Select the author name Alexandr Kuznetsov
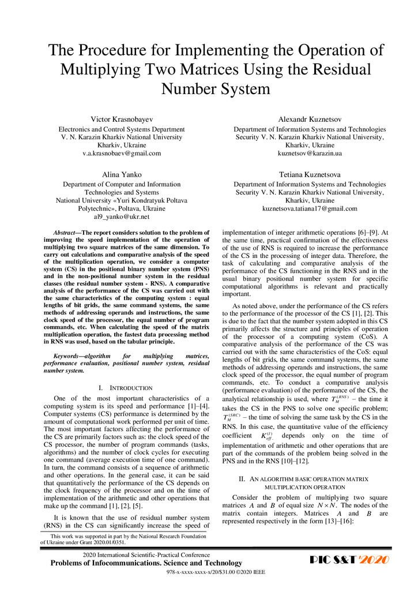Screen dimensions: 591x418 (x=310, y=118)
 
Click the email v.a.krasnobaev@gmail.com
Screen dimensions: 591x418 (x=122, y=154)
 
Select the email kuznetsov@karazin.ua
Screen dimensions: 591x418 (x=310, y=154)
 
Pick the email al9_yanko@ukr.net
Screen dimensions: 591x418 (x=122, y=217)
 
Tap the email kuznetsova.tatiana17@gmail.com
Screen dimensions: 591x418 (x=310, y=209)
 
